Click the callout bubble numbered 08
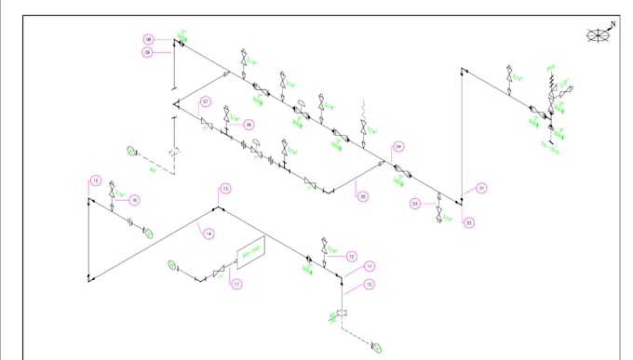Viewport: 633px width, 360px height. coord(148,39)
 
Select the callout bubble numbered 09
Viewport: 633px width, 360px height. coord(148,53)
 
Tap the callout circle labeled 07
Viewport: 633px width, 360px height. coord(206,101)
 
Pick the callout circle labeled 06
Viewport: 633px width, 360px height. coord(249,124)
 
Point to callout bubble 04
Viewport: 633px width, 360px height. coord(398,147)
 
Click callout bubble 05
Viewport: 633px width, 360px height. coord(363,196)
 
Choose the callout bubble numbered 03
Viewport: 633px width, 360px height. coord(415,204)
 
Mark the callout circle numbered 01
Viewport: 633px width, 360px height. coord(482,189)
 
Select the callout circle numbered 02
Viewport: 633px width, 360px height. coord(469,222)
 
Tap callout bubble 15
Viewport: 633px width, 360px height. coord(95,180)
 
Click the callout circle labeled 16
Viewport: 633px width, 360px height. coord(134,200)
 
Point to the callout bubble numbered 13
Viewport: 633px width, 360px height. coord(225,189)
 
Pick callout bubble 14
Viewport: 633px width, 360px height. coord(209,233)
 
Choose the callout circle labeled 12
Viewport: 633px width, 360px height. coord(351,256)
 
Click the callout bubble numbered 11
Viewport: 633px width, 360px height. coord(370,267)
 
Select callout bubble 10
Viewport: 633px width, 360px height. coord(370,284)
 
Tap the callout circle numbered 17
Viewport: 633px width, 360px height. coord(236,284)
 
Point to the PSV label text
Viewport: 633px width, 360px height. coord(549,67)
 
